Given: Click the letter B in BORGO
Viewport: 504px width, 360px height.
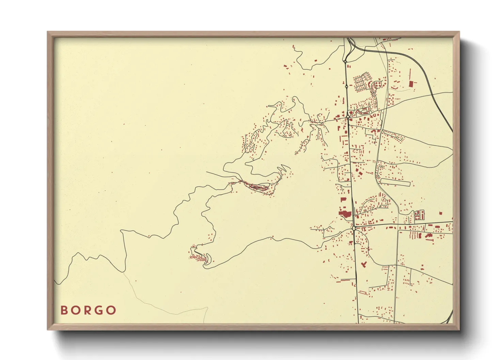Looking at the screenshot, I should pos(64,310).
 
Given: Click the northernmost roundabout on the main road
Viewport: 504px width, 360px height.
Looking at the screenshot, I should pos(345,62).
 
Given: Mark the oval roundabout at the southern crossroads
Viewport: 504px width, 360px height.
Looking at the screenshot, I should pos(354,228).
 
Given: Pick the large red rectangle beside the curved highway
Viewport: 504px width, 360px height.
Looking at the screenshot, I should pos(411,83).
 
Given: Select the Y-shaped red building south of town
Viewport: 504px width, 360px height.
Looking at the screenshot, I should pos(363,264).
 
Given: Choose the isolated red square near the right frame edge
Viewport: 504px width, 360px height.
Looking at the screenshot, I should pos(440,213).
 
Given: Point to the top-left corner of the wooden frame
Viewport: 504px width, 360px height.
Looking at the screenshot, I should pos(48,32).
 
